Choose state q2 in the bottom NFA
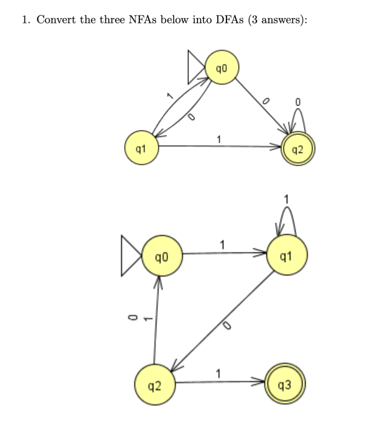point(155,385)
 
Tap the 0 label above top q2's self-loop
point(298,102)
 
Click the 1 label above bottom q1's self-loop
point(287,198)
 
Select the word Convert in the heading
point(53,21)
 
